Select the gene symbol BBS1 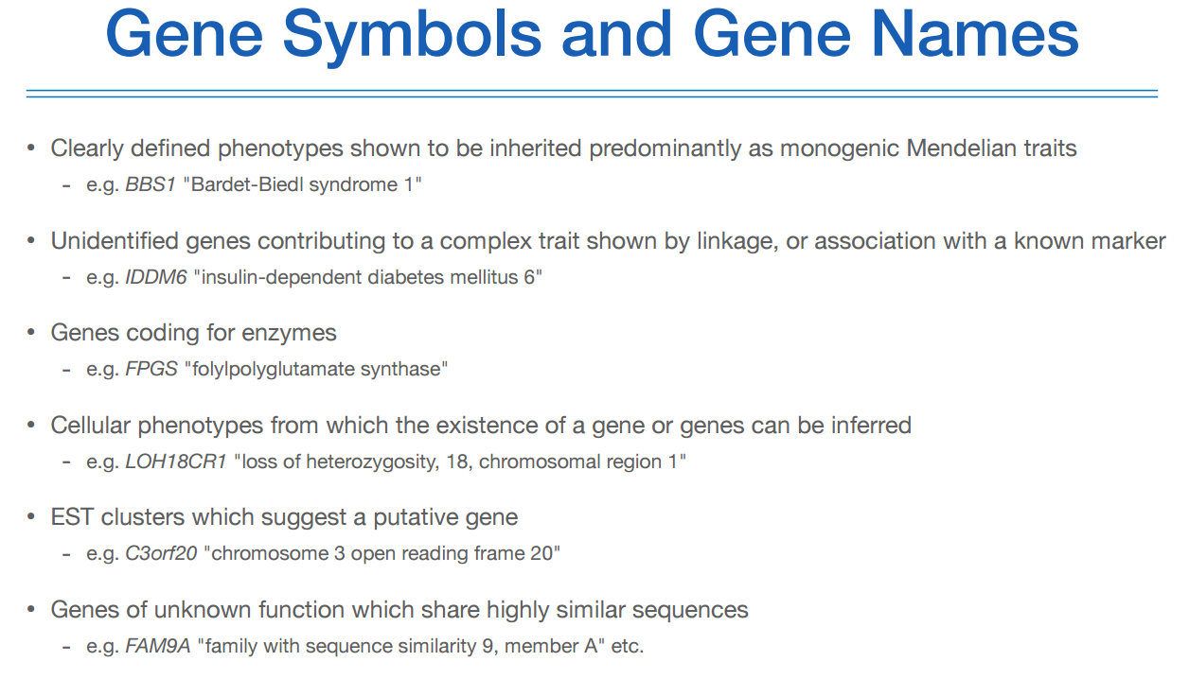point(151,184)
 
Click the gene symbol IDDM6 point(155,277)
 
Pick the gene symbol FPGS point(151,369)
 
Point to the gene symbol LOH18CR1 point(176,461)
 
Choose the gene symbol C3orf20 point(161,554)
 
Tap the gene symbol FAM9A point(158,647)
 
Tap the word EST point(71,517)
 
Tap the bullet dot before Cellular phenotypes point(31,426)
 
